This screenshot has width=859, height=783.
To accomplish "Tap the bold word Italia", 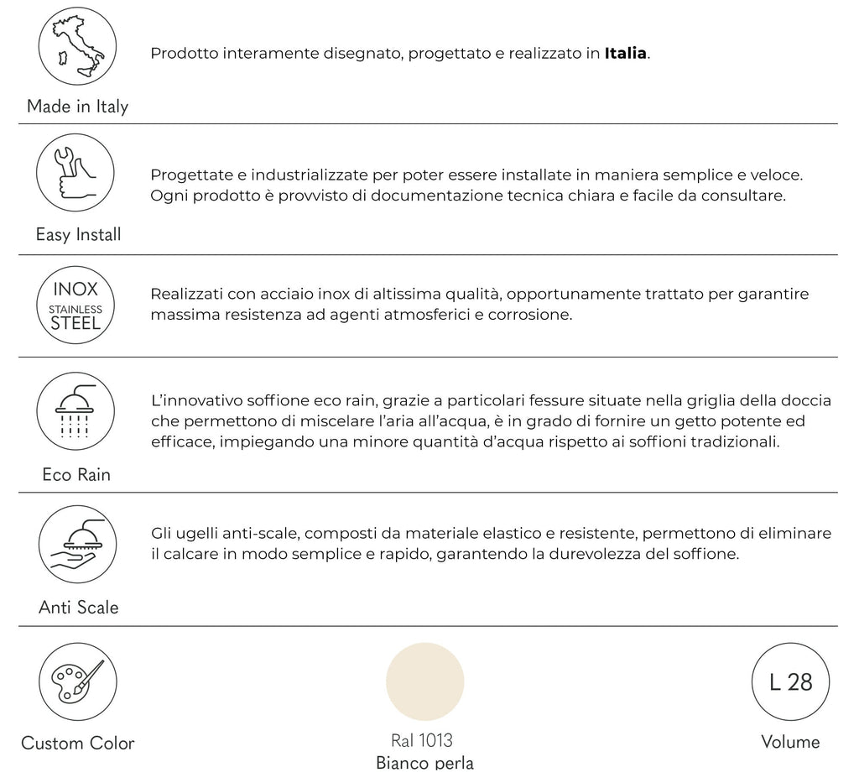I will pos(626,54).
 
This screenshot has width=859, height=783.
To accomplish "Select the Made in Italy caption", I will pos(77,107).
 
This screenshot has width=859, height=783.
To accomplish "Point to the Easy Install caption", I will pos(78,235).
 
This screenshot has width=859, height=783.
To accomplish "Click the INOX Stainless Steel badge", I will pos(75,305).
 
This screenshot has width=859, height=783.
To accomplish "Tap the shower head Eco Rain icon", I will pos(76,411).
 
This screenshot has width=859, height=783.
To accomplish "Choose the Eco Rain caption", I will pos(76,475).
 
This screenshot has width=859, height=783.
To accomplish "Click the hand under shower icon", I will pos(76,545).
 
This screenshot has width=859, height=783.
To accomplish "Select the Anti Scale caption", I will pos(78,607).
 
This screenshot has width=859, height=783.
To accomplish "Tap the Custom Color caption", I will pos(77,743).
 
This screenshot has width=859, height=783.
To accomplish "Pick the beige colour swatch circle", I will pos(424,681).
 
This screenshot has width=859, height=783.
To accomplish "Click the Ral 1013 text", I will pos(422,740).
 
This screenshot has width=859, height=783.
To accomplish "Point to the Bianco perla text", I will pos(424,763).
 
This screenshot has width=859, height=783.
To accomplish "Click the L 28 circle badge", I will pos(790,681).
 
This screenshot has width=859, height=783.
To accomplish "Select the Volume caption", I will pos(790,742).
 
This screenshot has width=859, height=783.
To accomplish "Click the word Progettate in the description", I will pos(190,176).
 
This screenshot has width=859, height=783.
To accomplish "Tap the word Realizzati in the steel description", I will pos(186,295).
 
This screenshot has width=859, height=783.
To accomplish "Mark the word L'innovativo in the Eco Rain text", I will pos(195,400).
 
